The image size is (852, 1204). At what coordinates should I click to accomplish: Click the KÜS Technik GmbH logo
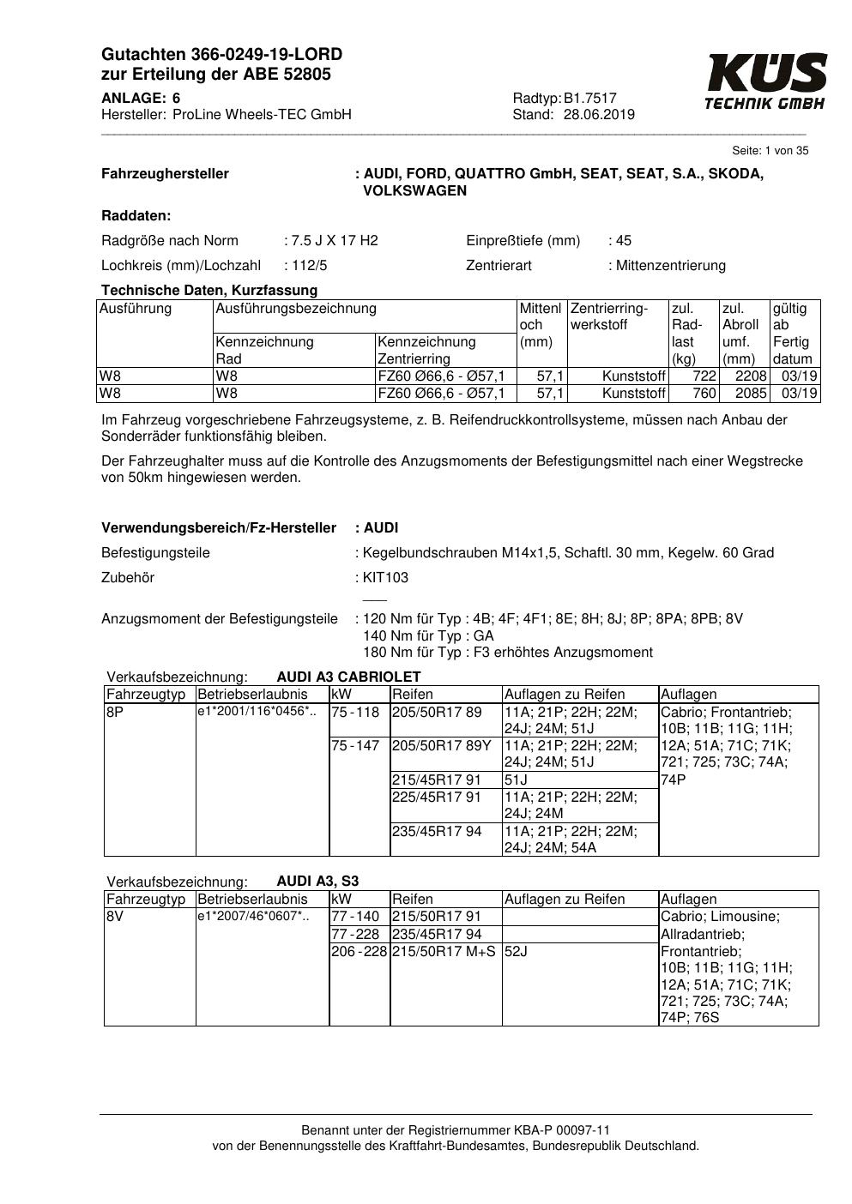click(765, 81)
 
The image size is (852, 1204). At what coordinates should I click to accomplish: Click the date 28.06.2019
click(599, 115)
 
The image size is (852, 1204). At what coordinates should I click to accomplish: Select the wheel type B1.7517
click(590, 99)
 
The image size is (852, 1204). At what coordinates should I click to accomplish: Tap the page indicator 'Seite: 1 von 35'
click(770, 151)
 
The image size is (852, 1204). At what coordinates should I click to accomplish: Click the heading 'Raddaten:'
click(136, 216)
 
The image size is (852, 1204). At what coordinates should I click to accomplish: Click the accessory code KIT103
click(386, 578)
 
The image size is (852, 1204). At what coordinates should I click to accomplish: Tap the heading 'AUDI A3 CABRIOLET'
click(348, 677)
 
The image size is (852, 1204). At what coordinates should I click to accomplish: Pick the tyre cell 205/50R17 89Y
click(441, 746)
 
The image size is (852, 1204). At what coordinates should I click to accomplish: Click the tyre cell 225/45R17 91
click(437, 797)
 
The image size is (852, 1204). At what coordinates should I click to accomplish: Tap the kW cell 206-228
click(359, 951)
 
